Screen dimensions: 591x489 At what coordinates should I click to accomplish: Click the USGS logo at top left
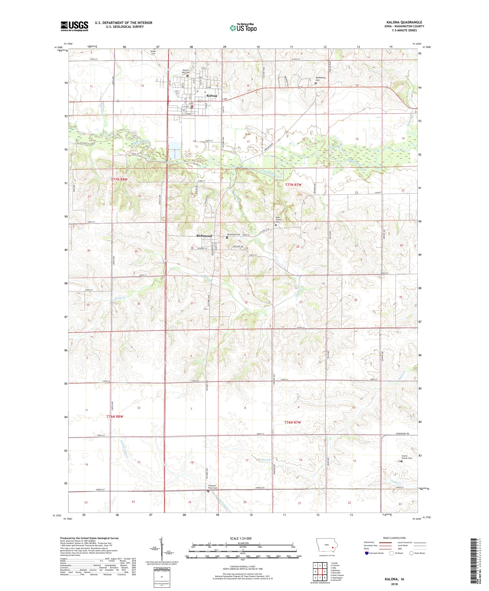74,26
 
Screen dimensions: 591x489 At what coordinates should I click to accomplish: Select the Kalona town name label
212,96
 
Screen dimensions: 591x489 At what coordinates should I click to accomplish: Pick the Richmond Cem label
234,234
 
